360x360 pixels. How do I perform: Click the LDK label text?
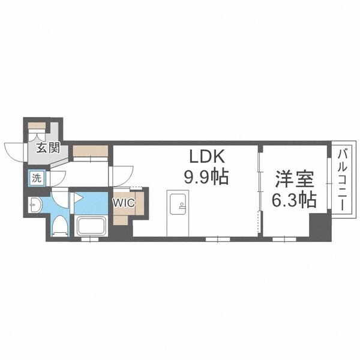click(x=207, y=157)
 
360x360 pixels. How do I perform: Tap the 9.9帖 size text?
click(x=207, y=177)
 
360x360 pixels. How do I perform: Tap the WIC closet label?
click(x=123, y=202)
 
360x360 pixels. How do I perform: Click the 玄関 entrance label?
click(x=47, y=148)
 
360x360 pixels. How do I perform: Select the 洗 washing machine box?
click(x=37, y=178)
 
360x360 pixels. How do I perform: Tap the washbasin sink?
click(x=34, y=205)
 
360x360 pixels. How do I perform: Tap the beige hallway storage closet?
click(x=91, y=152)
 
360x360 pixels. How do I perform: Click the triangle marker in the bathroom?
click(x=77, y=196)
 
